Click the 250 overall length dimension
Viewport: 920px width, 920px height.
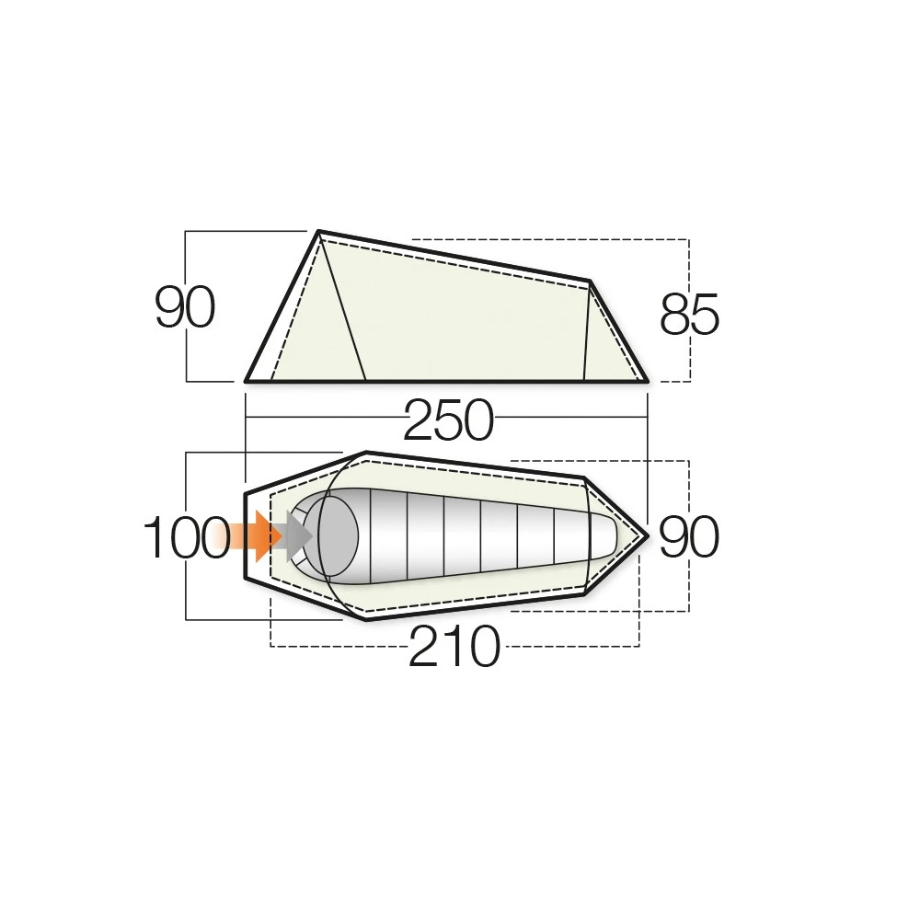click(x=447, y=422)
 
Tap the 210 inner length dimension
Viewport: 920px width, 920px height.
click(x=454, y=648)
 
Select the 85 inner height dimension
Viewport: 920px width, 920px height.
click(x=689, y=316)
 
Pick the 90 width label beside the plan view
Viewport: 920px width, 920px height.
click(x=689, y=537)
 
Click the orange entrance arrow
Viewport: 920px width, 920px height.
click(x=262, y=536)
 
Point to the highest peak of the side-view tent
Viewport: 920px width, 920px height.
click(x=318, y=232)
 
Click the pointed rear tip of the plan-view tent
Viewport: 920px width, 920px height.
click(x=648, y=535)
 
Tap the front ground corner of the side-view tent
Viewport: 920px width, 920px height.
click(x=247, y=380)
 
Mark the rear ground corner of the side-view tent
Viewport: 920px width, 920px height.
click(x=647, y=380)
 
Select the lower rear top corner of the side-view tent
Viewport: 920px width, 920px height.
click(x=589, y=280)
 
